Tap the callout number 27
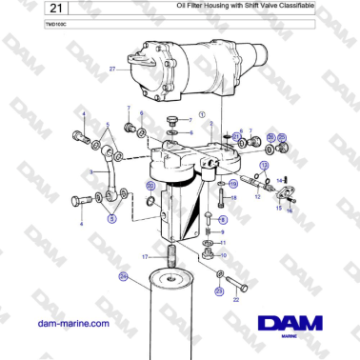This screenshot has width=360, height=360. (x=112, y=70)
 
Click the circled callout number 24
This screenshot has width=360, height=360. (x=122, y=276)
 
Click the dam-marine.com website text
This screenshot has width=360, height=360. (x=69, y=323)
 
